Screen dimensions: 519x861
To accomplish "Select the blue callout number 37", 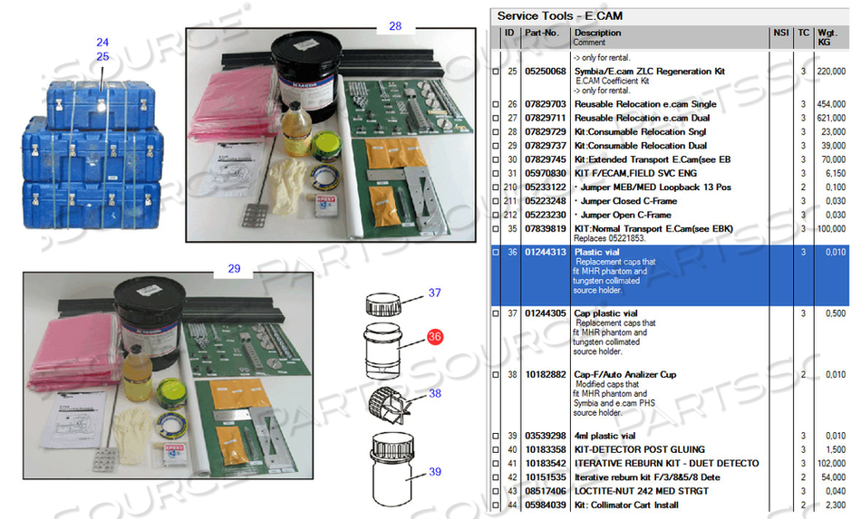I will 435,293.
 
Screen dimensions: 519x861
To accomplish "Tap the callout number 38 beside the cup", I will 435,394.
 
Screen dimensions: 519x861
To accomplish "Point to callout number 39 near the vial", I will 435,472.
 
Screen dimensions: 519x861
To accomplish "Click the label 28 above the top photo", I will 395,26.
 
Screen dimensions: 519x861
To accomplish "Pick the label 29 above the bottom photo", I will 234,269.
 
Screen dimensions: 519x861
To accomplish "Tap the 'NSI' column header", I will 780,33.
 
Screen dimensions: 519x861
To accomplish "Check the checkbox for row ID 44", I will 495,505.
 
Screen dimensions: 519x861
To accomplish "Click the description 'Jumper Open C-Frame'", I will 625,215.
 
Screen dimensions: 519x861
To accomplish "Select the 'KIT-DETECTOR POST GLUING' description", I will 639,449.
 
